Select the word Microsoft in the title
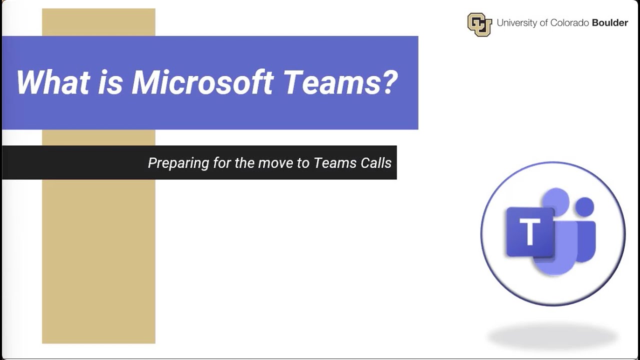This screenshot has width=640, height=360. [x=202, y=82]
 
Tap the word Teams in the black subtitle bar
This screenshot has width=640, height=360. [x=334, y=163]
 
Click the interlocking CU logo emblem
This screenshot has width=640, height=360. [x=479, y=24]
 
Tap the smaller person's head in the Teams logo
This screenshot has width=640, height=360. [x=584, y=205]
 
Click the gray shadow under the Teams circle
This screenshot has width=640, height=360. [x=552, y=336]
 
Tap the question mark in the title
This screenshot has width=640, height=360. [x=389, y=82]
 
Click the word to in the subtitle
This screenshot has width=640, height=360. [x=303, y=163]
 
